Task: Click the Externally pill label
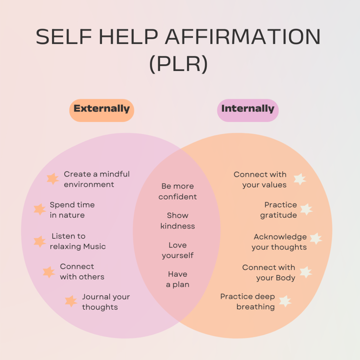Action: (102, 109)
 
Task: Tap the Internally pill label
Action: (247, 109)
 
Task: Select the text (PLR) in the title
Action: (178, 65)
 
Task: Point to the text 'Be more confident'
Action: (178, 192)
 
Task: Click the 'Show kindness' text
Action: (178, 221)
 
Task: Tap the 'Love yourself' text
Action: (178, 250)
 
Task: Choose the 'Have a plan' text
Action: (178, 279)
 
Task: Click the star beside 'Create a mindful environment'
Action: (53, 179)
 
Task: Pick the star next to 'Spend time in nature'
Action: (40, 210)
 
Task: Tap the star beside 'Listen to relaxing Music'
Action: (40, 241)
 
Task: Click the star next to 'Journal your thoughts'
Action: (71, 301)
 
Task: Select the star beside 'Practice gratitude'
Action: (306, 210)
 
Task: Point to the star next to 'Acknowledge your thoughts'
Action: (316, 239)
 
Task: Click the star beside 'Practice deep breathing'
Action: (285, 301)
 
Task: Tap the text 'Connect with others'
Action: (82, 272)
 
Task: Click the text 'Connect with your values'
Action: (260, 180)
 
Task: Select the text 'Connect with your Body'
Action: (269, 273)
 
